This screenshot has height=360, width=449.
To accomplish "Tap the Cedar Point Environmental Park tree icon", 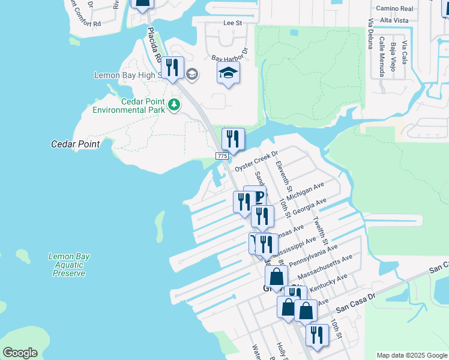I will coord(175,105).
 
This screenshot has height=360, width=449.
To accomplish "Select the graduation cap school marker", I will coord(228,73).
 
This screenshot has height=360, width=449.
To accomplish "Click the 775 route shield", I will coord(221,156).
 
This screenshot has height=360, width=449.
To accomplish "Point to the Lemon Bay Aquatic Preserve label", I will coord(69,265).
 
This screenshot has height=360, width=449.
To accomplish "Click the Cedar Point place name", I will coord(75,145).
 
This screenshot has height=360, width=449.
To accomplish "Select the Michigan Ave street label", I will coord(305,191).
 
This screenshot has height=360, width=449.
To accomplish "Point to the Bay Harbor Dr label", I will coord(230,55).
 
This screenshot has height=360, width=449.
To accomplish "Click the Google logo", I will coord(20,353).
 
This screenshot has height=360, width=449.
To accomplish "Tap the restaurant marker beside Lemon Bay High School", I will coord(173,67).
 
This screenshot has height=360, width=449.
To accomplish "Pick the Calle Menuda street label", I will coord(382,57).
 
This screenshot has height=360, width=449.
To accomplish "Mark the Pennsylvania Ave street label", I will coord(312,254).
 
